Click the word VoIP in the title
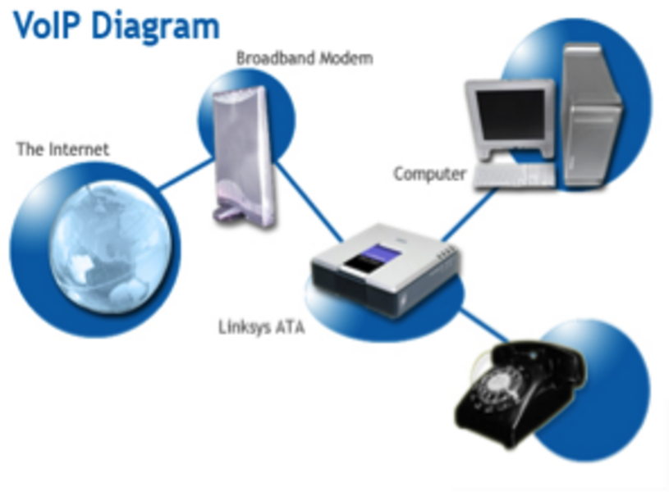point(46,25)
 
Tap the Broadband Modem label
point(305,58)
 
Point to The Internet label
point(62,149)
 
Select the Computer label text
point(429,175)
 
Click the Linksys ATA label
point(262,327)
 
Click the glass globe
point(112,248)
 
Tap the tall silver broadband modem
point(244,156)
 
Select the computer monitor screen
point(511,116)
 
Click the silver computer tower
point(592,116)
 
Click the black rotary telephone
point(520,392)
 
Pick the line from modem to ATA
point(309,199)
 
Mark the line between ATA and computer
point(469,215)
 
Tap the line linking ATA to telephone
point(484,326)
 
